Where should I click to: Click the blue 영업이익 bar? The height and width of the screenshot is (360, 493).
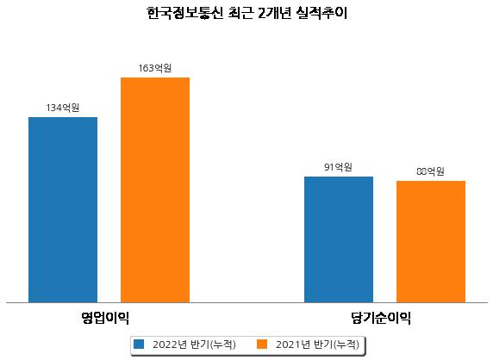[x=63, y=210]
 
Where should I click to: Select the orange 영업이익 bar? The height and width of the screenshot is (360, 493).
[x=155, y=190]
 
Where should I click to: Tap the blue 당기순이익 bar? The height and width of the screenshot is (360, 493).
[x=339, y=239]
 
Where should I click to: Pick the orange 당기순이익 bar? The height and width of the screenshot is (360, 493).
[x=431, y=242]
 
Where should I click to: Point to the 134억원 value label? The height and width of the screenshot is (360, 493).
[x=63, y=108]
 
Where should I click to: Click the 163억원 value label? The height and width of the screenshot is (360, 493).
[x=155, y=68]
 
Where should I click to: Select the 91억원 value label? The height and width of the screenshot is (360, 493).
[x=339, y=167]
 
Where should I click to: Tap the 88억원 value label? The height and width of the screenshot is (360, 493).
[x=430, y=171]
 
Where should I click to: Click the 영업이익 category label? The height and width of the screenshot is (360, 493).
[x=105, y=318]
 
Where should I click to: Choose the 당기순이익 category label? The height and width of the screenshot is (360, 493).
[x=381, y=318]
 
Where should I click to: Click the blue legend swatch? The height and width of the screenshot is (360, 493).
[x=139, y=344]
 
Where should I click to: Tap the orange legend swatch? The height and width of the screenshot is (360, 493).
[x=262, y=344]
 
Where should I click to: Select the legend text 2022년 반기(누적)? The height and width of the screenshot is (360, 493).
[x=194, y=344]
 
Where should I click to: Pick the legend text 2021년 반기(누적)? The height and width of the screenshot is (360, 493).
[x=317, y=344]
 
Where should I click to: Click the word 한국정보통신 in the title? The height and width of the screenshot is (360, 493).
[x=185, y=13]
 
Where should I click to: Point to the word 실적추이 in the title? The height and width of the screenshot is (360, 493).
[x=321, y=13]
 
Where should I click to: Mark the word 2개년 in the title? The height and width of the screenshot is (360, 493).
[x=274, y=13]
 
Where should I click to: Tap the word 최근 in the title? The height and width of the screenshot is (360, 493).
[x=240, y=13]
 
